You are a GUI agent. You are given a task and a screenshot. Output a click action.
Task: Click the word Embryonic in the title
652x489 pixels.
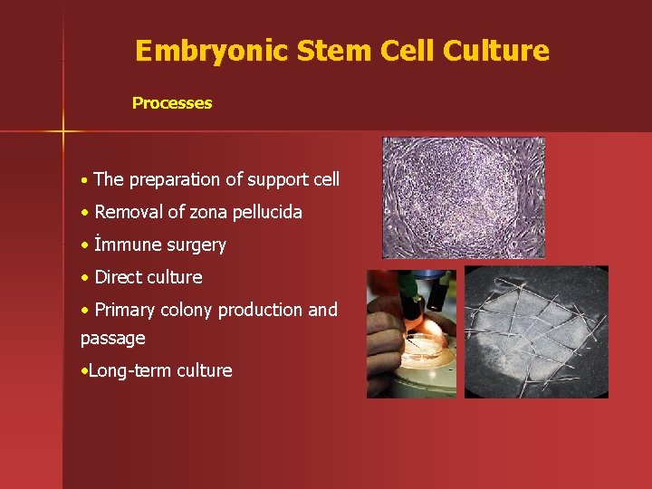pyautogui.click(x=209, y=51)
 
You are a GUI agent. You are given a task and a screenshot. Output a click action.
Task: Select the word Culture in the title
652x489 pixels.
pyautogui.click(x=496, y=51)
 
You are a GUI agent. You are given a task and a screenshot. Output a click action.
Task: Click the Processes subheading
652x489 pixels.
pyautogui.click(x=172, y=103)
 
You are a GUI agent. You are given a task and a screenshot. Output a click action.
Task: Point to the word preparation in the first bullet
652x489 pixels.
pyautogui.click(x=175, y=180)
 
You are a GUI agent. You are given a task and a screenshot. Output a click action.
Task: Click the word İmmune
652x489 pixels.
pyautogui.click(x=127, y=245)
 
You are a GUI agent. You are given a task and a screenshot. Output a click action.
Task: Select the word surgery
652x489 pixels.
pyautogui.click(x=196, y=245)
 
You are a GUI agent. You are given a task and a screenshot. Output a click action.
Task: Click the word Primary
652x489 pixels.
pyautogui.click(x=125, y=311)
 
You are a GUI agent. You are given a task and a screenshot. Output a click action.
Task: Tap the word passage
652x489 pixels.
pyautogui.click(x=113, y=339)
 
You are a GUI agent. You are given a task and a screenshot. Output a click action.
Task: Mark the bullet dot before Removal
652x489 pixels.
pyautogui.click(x=84, y=214)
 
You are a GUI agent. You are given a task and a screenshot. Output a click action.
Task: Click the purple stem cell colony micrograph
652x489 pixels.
pyautogui.click(x=463, y=197)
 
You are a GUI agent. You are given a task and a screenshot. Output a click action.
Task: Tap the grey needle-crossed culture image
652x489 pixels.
pyautogui.click(x=536, y=331)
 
